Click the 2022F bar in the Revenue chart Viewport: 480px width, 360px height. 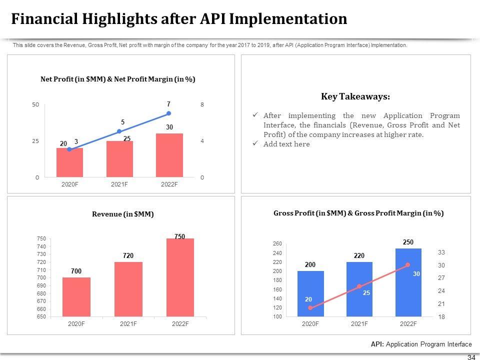point(180,277)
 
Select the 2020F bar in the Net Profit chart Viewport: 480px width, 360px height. point(69,162)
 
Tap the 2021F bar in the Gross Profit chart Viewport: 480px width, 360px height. point(359,289)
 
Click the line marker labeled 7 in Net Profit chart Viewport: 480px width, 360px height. point(169,113)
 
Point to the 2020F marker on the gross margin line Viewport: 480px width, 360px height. point(310,308)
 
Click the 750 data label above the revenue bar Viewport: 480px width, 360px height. point(180,235)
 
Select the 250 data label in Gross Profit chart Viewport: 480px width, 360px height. point(408,242)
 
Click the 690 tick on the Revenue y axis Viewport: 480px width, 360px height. point(41,285)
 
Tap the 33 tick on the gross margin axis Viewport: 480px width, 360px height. point(441,252)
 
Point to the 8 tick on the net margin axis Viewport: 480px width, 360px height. point(202,105)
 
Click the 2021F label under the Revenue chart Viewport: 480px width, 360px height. point(128,323)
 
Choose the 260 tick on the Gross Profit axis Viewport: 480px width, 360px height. point(277,243)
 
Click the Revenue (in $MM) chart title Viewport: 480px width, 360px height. point(123,214)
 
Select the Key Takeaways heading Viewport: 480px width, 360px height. point(355,96)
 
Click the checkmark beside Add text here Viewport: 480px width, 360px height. point(255,144)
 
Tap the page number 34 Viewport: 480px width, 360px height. point(470,357)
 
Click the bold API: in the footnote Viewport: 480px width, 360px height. point(377,344)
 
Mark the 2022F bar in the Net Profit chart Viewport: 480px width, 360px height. point(169,155)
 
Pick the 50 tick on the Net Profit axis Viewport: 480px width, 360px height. point(35,105)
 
